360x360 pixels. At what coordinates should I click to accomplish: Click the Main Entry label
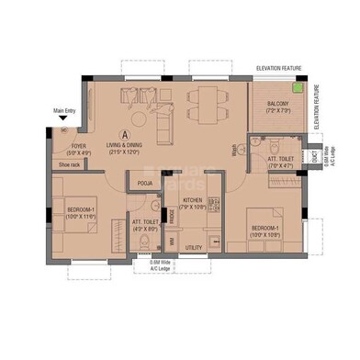65,112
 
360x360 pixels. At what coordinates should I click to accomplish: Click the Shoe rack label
70,165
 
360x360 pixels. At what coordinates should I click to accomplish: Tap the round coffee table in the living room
143,116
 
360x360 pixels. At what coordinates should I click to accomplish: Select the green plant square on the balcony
297,89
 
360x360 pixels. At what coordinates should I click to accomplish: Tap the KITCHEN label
192,199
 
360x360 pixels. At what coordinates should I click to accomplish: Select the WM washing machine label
171,241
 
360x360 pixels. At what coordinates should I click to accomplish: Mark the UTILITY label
193,247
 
